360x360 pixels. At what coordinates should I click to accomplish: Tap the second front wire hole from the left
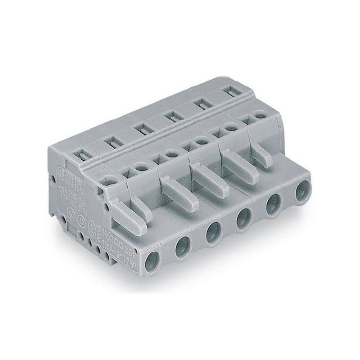pos(183,246)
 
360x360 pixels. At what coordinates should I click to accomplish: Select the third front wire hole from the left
pos(212,233)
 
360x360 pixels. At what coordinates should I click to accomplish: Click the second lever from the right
pos(234,166)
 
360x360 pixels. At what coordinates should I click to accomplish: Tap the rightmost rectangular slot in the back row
pos(230,93)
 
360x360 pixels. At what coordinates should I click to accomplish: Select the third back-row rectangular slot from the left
pos(139,130)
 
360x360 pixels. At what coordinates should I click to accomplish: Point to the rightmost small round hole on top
pos(259,116)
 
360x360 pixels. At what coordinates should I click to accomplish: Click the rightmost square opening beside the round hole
pos(246,121)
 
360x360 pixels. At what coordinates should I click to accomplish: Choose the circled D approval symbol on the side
pos(81,219)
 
